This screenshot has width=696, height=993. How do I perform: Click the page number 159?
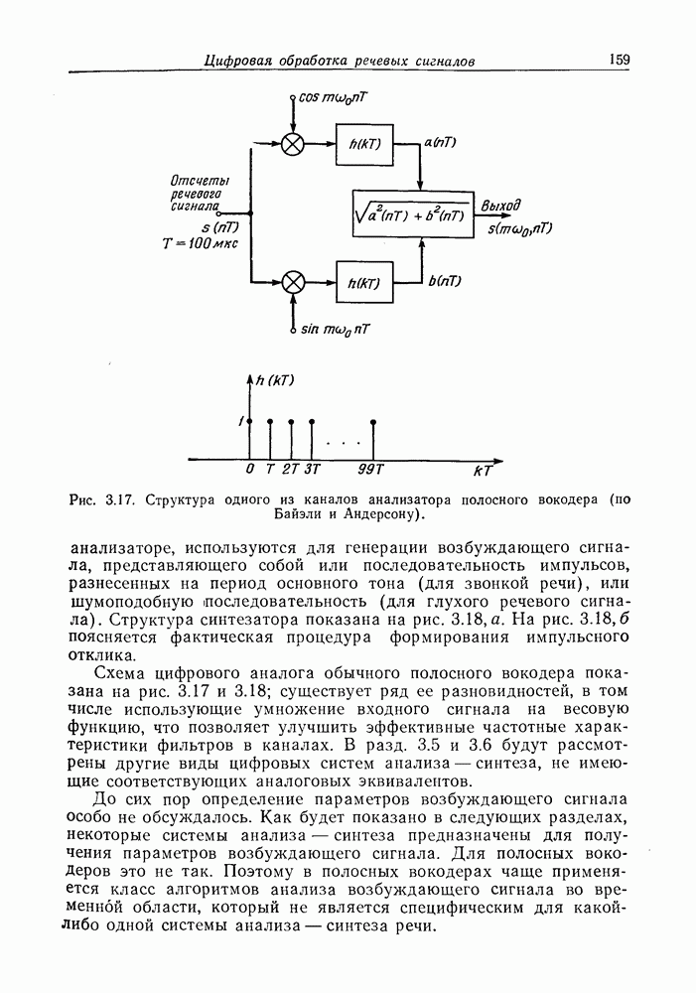(620, 60)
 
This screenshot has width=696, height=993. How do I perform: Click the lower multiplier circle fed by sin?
(292, 282)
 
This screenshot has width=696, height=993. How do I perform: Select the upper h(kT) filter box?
(365, 143)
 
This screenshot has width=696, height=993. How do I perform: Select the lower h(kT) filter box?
(365, 283)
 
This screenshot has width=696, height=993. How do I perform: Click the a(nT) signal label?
(440, 143)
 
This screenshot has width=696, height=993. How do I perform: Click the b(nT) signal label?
(444, 281)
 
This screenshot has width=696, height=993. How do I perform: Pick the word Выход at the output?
(501, 206)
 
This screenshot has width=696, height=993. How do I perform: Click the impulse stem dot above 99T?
(372, 422)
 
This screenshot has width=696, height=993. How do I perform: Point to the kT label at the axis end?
(484, 470)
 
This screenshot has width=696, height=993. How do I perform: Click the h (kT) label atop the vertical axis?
(275, 380)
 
